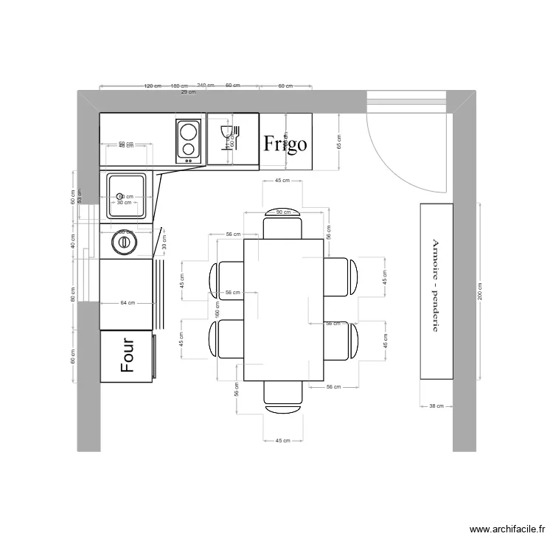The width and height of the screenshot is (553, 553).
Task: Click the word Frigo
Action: point(285,142)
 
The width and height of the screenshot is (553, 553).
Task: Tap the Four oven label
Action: point(128,355)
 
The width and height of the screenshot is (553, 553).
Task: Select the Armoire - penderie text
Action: point(436,285)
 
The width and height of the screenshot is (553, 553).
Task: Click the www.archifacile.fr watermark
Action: point(507,529)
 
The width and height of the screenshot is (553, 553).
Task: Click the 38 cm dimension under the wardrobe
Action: point(436,406)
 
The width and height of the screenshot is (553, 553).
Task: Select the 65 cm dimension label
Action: point(340,142)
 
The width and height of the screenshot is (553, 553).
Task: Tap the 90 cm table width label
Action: point(283,212)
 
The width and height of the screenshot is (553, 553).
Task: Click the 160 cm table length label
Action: point(218,310)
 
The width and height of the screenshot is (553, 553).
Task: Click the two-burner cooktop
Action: point(189,140)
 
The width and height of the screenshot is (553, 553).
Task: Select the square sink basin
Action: point(128,195)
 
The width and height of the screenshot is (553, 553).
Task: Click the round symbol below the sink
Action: point(124,242)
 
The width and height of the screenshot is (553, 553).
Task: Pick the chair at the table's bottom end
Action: point(283,394)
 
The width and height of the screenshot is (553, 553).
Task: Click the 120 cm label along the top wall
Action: point(153,86)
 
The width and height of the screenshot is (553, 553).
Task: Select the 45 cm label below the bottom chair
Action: point(283,440)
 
